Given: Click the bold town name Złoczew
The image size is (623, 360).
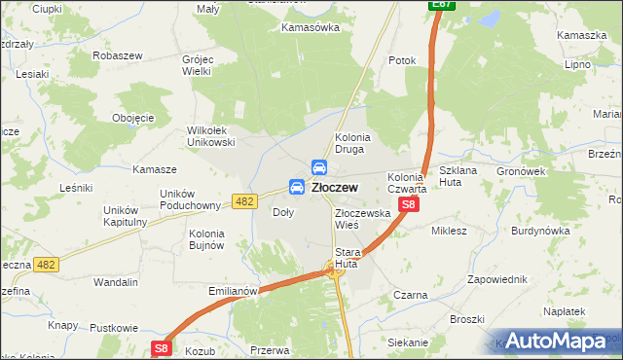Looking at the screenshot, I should (335, 187).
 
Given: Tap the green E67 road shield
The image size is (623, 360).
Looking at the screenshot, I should (442, 6).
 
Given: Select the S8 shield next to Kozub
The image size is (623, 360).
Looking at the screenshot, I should (162, 347).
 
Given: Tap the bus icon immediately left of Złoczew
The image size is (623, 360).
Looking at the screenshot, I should (297, 187).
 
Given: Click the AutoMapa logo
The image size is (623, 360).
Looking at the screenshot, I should (561, 342).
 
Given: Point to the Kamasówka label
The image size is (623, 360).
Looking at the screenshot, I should (310, 27).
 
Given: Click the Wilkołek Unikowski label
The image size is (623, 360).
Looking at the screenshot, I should (211, 136).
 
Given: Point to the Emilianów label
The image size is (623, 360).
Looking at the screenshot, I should (232, 290).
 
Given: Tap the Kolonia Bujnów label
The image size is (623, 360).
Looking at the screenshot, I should (206, 239).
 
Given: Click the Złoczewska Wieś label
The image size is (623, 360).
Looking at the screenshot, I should (362, 218).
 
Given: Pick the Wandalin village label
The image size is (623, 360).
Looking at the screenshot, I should (115, 282).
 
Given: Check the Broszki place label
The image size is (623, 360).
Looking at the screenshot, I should (466, 319).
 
